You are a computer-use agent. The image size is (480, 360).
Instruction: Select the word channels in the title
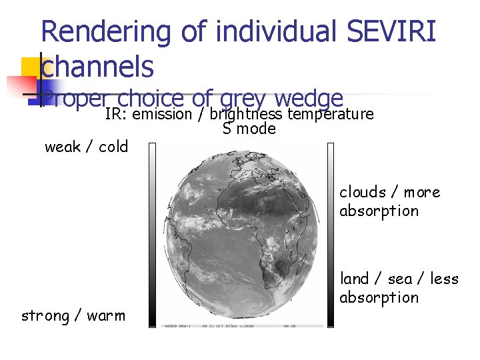tap(97, 66)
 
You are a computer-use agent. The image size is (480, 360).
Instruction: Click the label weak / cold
tap(86, 147)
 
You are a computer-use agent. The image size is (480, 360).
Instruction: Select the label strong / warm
tap(73, 315)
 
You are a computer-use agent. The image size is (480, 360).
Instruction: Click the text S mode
tap(249, 129)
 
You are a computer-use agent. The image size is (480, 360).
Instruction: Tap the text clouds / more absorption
tap(389, 201)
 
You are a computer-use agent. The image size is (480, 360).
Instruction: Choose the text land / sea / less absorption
tap(399, 288)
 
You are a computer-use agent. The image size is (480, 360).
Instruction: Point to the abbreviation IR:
tap(117, 114)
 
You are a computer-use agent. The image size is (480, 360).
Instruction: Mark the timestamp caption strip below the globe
tap(242, 326)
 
